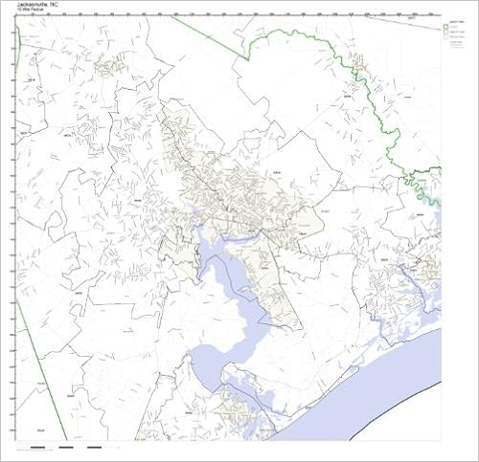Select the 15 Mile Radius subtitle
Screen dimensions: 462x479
pos(33,11)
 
